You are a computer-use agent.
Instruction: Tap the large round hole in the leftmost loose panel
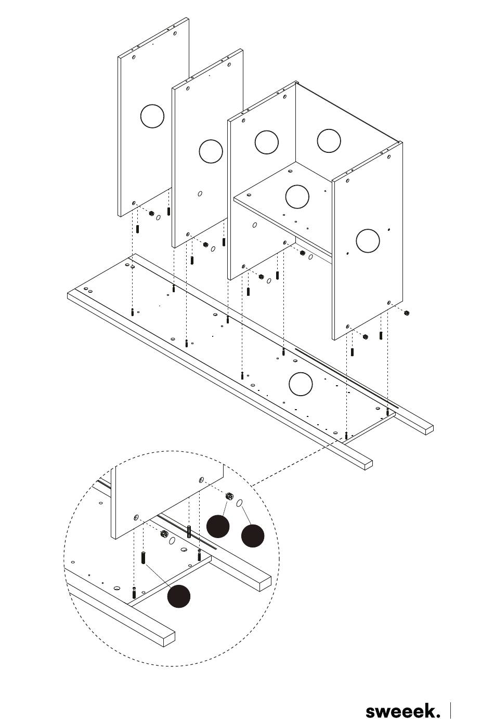point(152,116)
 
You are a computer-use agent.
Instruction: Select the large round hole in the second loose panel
point(211,151)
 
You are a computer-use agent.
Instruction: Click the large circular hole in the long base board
point(301,384)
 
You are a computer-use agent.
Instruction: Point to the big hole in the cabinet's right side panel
point(368,240)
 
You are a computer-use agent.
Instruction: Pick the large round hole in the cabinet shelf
point(297,197)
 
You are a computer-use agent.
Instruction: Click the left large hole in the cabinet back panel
point(267,142)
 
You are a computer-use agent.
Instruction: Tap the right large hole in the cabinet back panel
point(329,140)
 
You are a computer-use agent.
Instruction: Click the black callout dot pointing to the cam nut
point(218,526)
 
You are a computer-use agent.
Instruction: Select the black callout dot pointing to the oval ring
point(253,536)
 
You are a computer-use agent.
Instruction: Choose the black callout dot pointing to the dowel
point(179,596)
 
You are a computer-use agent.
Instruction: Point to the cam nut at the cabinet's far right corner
point(407,312)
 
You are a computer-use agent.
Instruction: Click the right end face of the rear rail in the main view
point(429,429)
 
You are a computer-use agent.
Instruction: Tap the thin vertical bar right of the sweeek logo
point(450,710)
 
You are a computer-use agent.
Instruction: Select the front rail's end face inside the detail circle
point(170,638)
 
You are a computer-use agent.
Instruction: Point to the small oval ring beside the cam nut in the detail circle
point(240,503)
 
